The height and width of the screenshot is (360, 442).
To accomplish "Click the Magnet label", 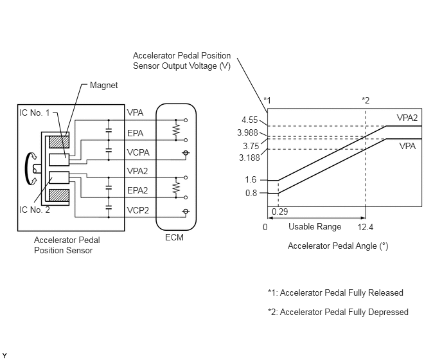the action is coord(103,85).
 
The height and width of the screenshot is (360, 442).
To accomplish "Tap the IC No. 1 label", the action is coord(35,113).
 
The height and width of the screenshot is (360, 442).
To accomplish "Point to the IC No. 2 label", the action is coord(35,210).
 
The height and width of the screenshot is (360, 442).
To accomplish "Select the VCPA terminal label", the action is coord(138,152).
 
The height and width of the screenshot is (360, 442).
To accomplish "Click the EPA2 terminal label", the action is coord(137,190).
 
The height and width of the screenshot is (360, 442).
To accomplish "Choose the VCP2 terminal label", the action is coord(138,210).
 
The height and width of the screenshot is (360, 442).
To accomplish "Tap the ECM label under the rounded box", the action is coord(174,238).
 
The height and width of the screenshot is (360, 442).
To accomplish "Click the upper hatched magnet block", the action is coord(59,142).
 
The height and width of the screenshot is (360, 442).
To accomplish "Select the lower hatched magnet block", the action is coord(59,195).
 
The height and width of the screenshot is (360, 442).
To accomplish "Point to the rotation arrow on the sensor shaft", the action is coord(27,168).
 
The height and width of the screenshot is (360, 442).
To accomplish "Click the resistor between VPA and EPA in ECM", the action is coord(176,130).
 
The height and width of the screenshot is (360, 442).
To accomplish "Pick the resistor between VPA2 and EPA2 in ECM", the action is coord(176,188).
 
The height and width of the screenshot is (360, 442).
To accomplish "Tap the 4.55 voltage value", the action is coord(250,120).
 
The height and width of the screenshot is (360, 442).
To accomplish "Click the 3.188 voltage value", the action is coord(249,157).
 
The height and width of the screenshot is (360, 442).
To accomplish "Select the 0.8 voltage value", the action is coord(251,193).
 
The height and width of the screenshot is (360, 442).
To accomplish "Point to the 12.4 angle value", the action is coord(366,227).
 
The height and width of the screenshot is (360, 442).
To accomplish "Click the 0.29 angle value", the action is coord(280,212).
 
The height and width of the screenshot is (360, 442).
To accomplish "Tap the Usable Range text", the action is coord(315,226).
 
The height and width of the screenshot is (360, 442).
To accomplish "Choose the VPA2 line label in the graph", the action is coord(407,118).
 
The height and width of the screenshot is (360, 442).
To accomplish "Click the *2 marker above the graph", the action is coord(366,100).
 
